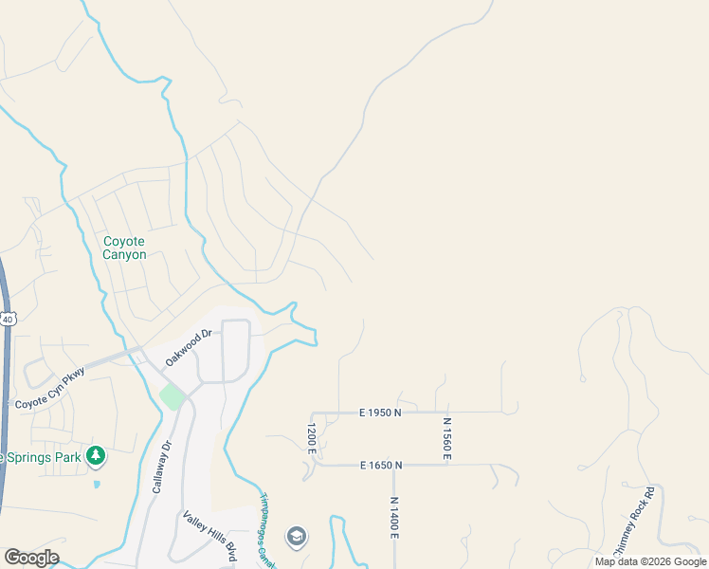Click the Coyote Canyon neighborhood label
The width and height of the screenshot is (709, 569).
tap(124, 248)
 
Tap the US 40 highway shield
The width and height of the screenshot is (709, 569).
tap(8, 320)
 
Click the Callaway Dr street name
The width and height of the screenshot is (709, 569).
tap(160, 468)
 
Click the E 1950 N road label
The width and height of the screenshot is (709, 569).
tap(380, 413)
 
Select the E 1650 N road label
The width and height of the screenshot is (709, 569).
tap(381, 465)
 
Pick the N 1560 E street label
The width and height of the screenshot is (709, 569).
tap(445, 438)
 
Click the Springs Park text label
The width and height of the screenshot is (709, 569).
tap(41, 457)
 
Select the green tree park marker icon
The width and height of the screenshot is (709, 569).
tap(95, 457)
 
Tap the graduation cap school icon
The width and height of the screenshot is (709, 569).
tap(297, 537)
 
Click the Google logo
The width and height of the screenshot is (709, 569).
tap(31, 558)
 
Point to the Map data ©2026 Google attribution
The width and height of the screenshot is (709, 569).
tap(650, 561)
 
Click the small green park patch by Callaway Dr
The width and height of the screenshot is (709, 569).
tap(172, 395)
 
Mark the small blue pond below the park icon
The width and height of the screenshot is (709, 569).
tap(97, 484)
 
